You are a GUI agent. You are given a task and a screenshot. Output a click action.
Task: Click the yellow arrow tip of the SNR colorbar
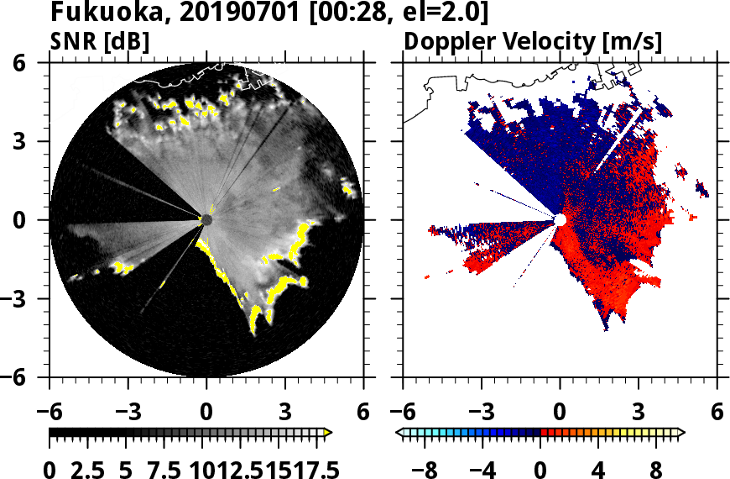click(328, 433)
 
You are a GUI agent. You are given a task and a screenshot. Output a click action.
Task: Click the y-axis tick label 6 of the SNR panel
click(34, 63)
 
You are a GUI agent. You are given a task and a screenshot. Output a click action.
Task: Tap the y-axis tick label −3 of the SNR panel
click(29, 298)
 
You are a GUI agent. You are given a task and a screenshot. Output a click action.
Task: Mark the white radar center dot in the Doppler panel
click(560, 219)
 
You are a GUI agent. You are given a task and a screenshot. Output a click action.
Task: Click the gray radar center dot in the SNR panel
click(206, 219)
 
